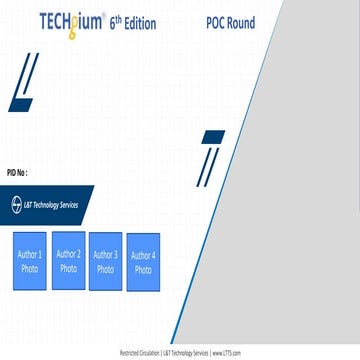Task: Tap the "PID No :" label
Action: coord(19,171)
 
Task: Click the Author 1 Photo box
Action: coord(30,262)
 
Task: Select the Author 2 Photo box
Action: coord(68,259)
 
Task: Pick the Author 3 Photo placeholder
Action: coord(105,261)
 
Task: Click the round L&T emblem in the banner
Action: coord(16,204)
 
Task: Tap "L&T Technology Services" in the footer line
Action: coord(186,353)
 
